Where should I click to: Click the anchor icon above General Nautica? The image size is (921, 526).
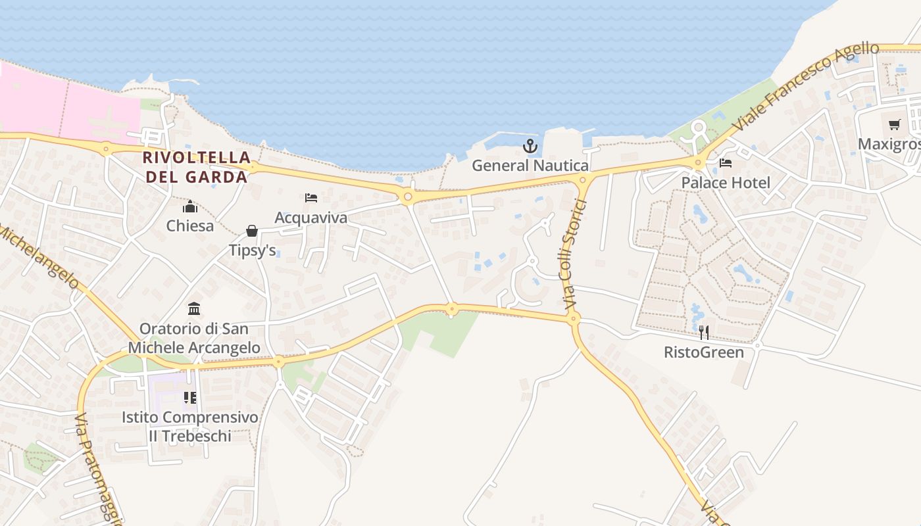click(x=530, y=145)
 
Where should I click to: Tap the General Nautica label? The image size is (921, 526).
click(x=530, y=165)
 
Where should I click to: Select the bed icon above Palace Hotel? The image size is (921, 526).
click(x=726, y=163)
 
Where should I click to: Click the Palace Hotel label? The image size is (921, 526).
click(x=726, y=182)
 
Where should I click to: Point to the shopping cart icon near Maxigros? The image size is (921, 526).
click(x=894, y=124)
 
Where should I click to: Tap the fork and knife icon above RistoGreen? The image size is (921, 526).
click(x=703, y=332)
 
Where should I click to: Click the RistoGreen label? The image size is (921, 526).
click(x=703, y=352)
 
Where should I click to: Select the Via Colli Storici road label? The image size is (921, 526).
click(x=570, y=251)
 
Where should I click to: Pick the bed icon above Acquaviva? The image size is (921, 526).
click(x=311, y=197)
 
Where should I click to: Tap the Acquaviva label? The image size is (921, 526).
click(x=311, y=217)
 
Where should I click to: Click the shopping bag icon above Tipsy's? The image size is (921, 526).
click(x=252, y=230)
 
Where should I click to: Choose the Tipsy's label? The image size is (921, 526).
click(x=252, y=250)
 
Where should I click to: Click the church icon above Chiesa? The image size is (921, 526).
click(x=190, y=206)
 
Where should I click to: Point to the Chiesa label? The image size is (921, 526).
click(x=190, y=226)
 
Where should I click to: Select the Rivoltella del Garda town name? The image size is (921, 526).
click(x=197, y=167)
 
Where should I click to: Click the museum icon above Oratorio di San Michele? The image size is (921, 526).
click(x=194, y=308)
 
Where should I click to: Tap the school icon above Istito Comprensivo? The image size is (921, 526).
click(x=190, y=397)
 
